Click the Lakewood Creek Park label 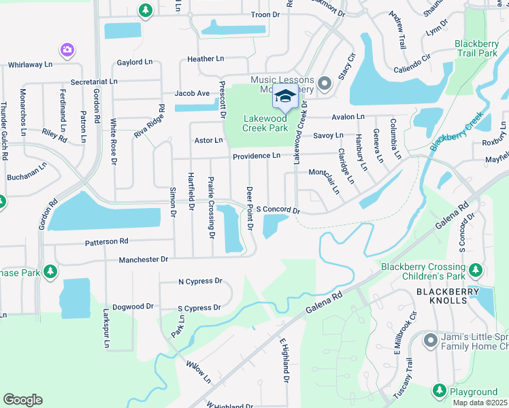(265, 123)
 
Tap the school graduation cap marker (286, 97)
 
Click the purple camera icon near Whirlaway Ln (67, 50)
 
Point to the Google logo (22, 399)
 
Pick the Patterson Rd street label (106, 241)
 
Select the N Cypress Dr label (200, 281)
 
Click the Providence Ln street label (257, 156)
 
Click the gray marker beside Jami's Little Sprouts (429, 339)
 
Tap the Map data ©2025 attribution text (480, 403)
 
